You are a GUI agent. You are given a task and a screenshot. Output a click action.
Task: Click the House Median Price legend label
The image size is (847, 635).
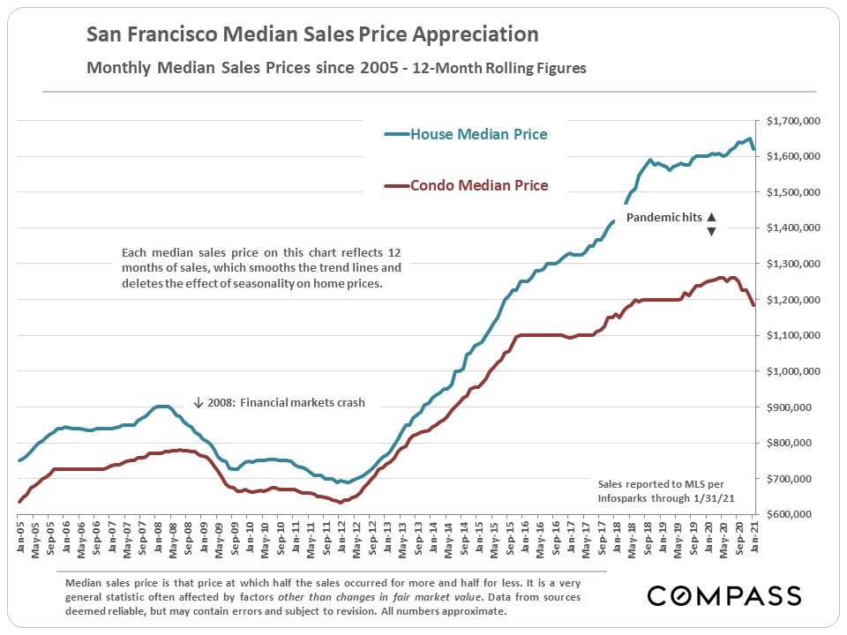point(478,134)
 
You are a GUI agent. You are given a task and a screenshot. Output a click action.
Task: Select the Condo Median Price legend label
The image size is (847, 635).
point(478,185)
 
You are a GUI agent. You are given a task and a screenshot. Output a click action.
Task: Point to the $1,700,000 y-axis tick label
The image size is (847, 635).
point(795,121)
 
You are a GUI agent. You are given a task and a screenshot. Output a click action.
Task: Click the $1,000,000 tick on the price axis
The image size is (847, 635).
point(795,371)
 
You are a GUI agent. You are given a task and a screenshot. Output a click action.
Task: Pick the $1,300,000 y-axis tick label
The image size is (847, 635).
point(795,264)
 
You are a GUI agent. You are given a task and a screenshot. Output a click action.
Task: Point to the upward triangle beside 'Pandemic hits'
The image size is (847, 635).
point(711,216)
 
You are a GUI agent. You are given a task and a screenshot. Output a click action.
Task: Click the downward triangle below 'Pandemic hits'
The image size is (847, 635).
point(711,231)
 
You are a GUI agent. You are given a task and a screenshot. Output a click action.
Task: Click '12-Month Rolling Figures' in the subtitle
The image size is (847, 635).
point(503,68)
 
